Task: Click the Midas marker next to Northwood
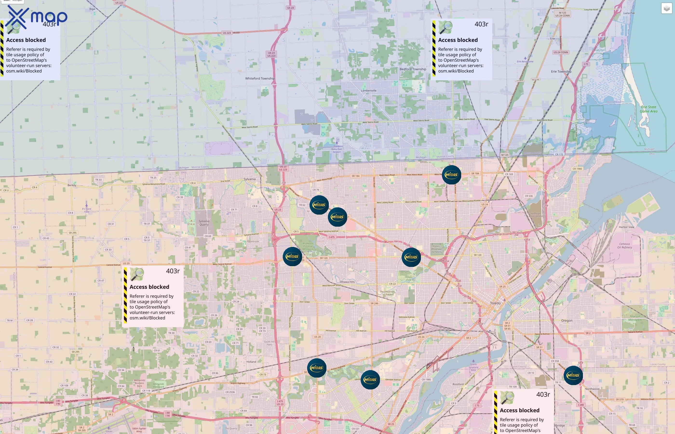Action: point(573,375)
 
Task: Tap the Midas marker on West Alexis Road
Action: point(451,175)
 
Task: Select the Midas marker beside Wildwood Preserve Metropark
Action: point(292,257)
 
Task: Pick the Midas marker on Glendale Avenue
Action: point(370,380)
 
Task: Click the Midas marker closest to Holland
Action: point(317,368)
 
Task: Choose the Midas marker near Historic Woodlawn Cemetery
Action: point(411,257)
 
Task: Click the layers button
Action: point(667,8)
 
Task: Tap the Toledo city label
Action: point(495,303)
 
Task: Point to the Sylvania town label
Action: point(250,179)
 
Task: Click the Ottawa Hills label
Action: point(347,282)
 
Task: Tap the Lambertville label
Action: point(369,90)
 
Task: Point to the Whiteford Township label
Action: point(260,78)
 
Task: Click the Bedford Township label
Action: point(413,69)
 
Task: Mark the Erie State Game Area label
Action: point(648,109)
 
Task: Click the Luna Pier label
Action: point(629,13)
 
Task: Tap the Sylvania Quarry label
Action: point(204,223)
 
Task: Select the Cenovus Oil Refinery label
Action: point(625,245)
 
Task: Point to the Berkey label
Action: point(72,185)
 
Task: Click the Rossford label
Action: point(458,384)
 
